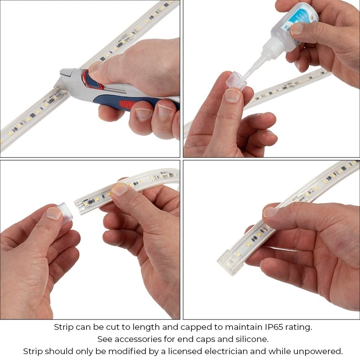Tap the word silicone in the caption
click(252, 339)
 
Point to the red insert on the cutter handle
click(126, 106)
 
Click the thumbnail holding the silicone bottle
click(297, 29)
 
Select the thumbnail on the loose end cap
click(54, 213)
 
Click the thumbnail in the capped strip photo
click(271, 211)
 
